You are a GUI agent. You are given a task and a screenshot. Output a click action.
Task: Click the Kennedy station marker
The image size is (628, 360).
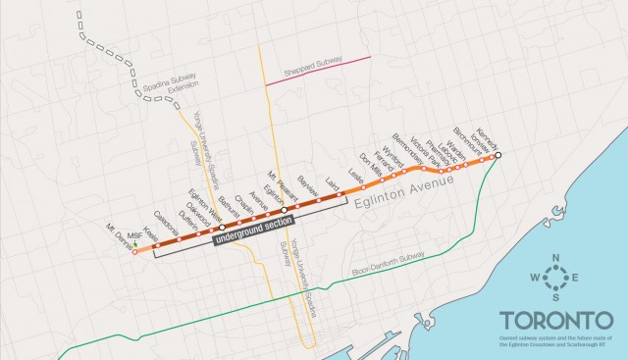tap(497, 155)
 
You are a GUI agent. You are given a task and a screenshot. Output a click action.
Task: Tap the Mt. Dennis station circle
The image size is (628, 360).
tap(135, 253)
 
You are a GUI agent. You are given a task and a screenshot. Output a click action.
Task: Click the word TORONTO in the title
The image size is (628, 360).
tap(556, 321)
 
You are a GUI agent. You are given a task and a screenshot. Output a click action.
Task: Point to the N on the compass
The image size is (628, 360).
tap(556, 259)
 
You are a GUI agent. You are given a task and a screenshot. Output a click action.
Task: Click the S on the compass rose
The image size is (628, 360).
tap(556, 297)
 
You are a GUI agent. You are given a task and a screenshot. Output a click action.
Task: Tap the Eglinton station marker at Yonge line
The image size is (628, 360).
tap(285, 210)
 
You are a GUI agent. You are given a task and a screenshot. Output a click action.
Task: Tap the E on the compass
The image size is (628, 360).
tap(575, 279)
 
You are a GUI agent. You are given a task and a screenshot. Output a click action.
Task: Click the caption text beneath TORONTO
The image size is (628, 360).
tap(556, 341)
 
